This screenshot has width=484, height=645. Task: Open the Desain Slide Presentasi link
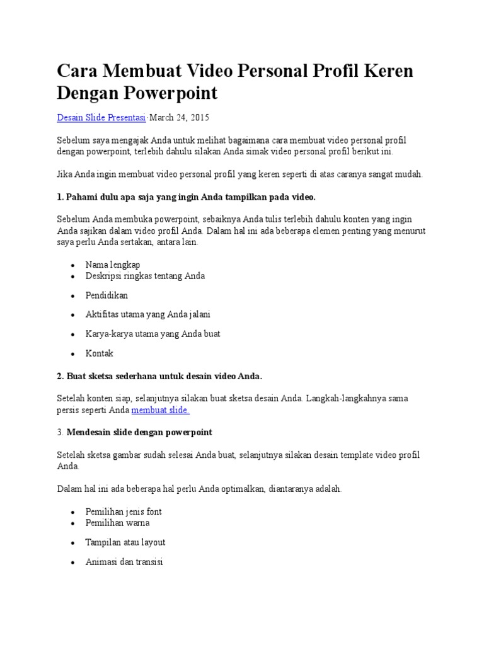pos(101,118)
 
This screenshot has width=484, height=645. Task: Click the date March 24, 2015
pos(179,118)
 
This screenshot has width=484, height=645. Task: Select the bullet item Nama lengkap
pos(113,265)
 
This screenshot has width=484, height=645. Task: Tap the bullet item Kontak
pos(100,353)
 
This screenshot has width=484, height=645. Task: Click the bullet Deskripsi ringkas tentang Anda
pos(145,276)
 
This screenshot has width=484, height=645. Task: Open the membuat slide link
pos(161,410)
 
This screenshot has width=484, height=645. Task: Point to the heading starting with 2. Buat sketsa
pos(159,376)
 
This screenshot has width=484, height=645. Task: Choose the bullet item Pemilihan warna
pos(117,523)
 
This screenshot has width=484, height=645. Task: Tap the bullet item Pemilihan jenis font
pos(124,511)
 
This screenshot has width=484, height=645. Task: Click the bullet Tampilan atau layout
pos(125,542)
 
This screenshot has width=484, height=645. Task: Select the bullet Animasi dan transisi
pos(124,562)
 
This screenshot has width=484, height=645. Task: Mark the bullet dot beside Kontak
pos(74,354)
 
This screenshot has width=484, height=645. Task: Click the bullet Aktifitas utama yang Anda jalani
pos(148,314)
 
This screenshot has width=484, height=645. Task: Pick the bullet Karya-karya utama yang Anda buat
pos(153,334)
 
